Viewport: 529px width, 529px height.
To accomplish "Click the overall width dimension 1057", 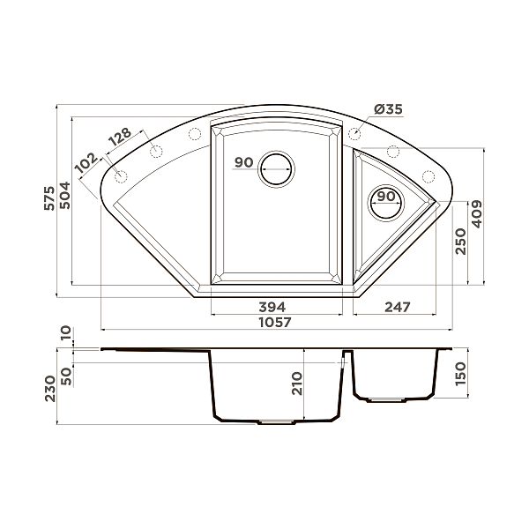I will coord(273,324).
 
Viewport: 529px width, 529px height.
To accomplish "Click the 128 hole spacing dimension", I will coord(120,137).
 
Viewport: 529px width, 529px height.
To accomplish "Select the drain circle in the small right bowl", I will coord(385,202).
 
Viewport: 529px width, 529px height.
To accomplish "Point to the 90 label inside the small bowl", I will coord(384,197).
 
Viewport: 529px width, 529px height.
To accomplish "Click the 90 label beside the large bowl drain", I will coord(244,163).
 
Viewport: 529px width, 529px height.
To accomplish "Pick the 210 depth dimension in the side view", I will coord(297,384).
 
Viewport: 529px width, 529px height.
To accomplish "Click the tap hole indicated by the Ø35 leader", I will coord(354,134).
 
